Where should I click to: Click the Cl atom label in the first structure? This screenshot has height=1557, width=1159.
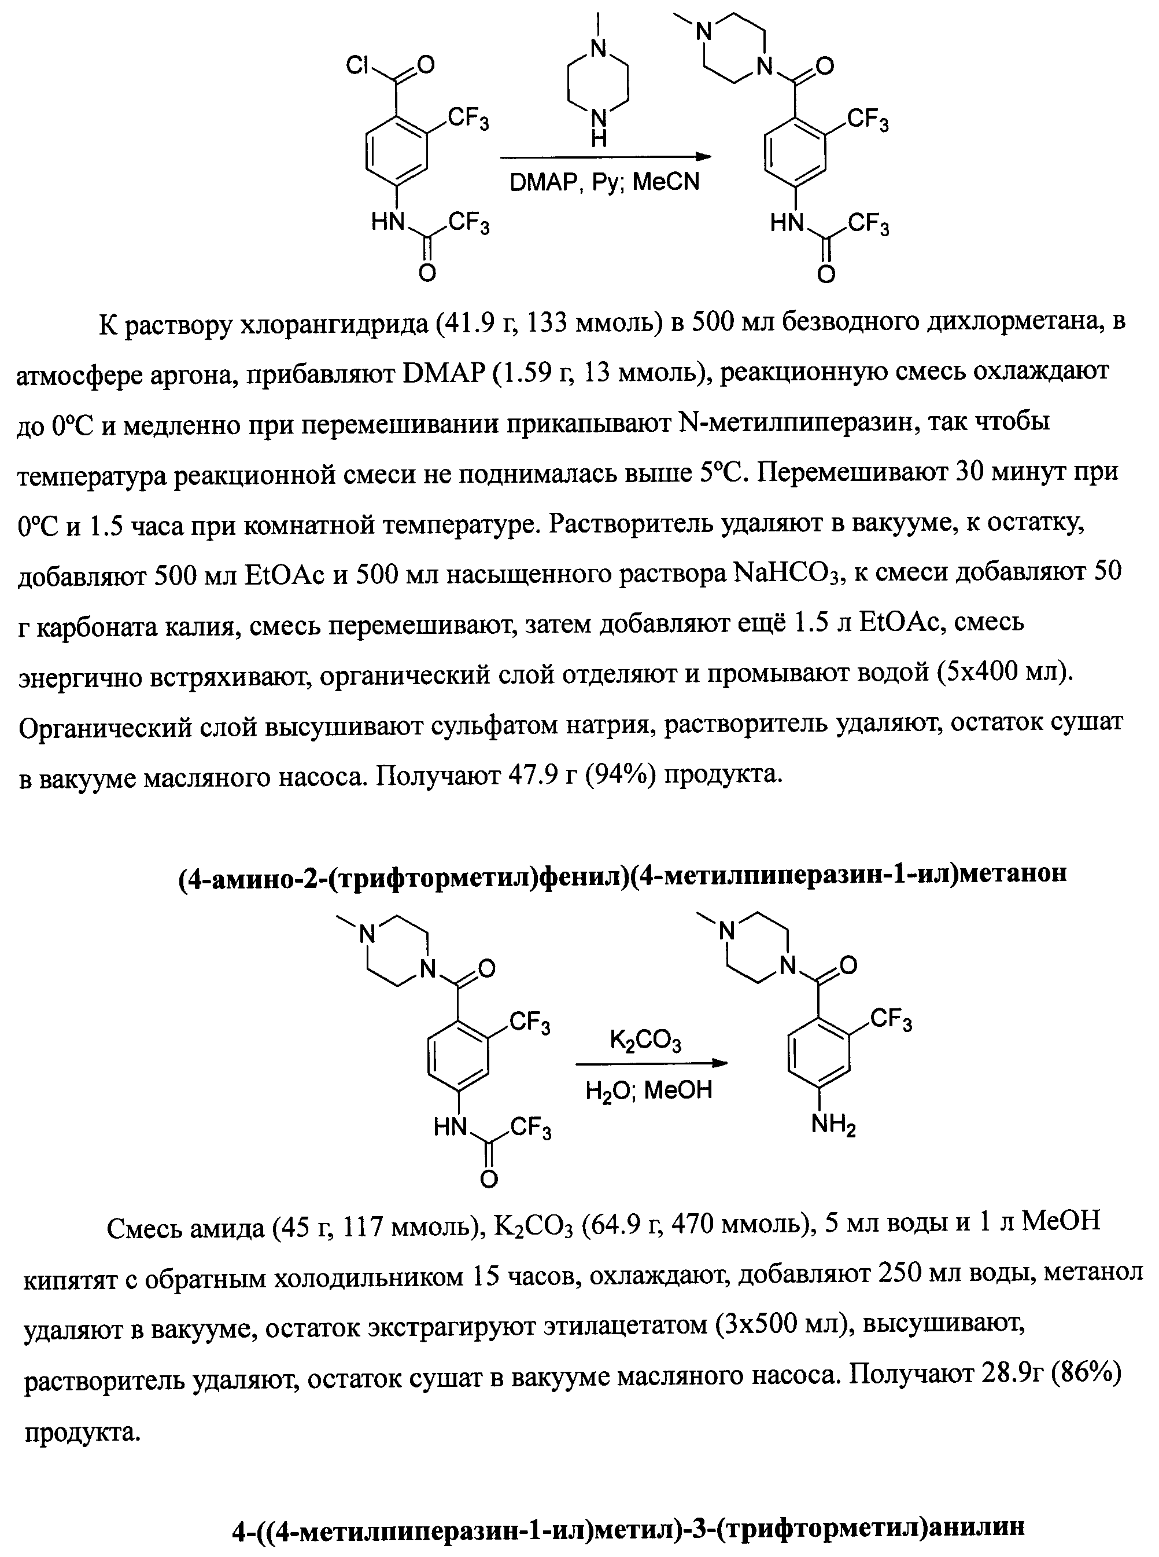coord(358,66)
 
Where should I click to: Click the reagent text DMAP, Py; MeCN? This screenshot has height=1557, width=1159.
coord(604,182)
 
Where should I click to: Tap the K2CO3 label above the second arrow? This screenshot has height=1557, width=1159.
coord(645,1040)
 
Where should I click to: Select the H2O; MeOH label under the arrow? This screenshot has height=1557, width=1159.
coord(648,1090)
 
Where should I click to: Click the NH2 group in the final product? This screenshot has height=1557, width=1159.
coord(833,1125)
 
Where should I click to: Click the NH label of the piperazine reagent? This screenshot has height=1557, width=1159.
coord(599,128)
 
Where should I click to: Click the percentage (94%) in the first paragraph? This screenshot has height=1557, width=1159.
coord(622,776)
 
